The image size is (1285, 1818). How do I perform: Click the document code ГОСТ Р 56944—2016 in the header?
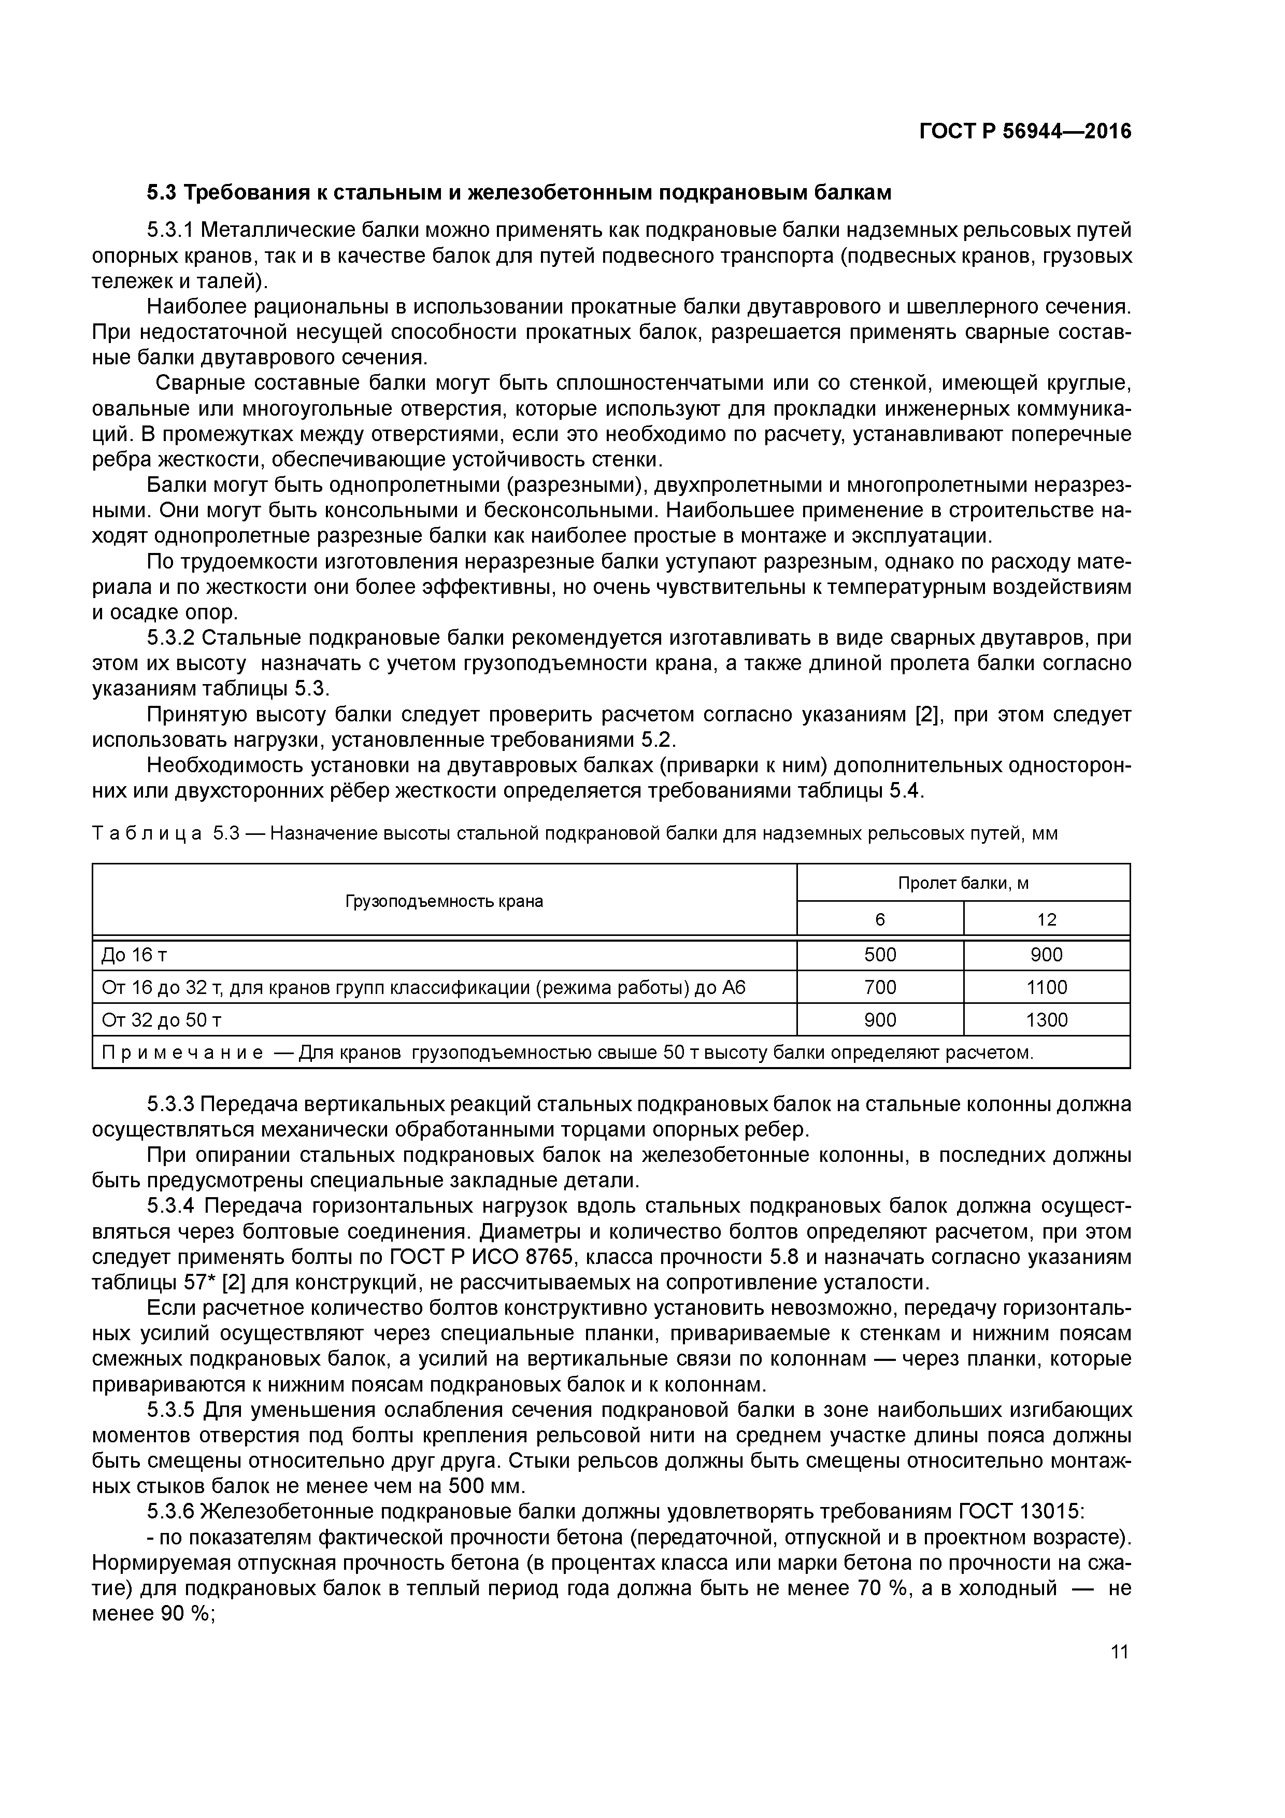coord(1025,132)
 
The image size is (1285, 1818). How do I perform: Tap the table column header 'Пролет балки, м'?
coord(963,883)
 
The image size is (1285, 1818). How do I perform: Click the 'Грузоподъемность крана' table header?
coord(444,901)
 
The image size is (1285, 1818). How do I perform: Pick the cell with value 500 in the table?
coord(880,955)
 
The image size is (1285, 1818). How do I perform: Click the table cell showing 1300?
coord(1047,1020)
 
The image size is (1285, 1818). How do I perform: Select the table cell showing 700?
coord(880,987)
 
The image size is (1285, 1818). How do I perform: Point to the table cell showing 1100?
coord(1047,987)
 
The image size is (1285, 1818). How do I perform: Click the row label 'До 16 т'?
coord(134,955)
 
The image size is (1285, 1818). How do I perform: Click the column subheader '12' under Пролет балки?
coord(1047,919)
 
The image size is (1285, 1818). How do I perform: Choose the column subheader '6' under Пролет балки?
coord(880,919)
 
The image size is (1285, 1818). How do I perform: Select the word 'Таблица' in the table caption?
coord(147,834)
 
